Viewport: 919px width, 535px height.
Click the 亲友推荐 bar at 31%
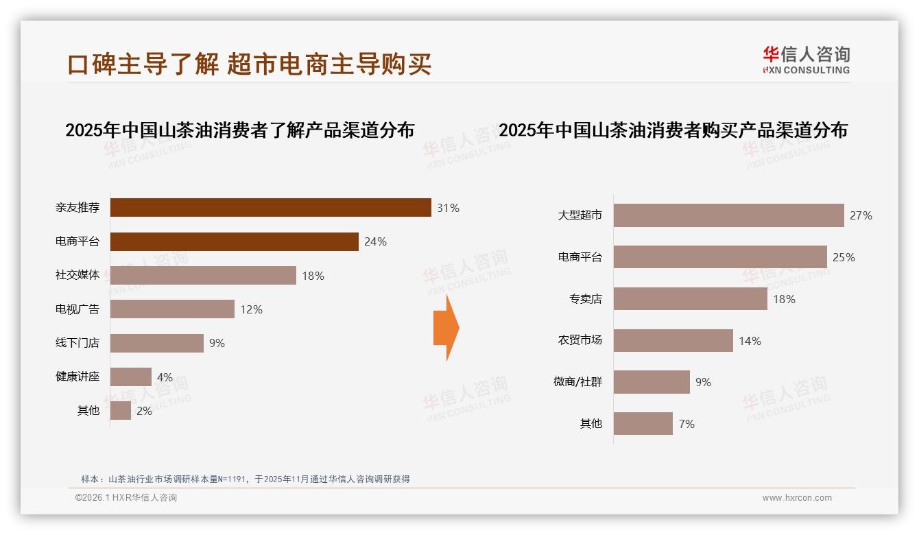(270, 208)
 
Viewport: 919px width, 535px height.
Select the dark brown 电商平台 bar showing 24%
(234, 241)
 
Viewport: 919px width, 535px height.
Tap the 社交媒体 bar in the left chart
(203, 275)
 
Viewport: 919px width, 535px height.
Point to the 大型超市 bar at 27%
(728, 215)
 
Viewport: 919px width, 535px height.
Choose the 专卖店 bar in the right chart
(690, 299)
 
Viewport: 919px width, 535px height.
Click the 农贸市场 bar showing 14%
(673, 341)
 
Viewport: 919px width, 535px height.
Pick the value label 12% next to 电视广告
(251, 309)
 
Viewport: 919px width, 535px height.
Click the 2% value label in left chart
(144, 411)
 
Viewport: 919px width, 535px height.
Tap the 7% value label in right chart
(687, 424)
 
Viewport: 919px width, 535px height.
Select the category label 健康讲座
(77, 377)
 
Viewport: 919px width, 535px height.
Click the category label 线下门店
(77, 343)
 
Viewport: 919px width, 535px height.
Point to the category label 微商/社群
(577, 382)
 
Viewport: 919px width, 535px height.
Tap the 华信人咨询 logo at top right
(806, 60)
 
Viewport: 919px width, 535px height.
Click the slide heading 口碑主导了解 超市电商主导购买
(249, 64)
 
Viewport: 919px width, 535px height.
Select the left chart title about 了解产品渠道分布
(239, 130)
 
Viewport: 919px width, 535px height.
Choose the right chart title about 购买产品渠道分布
(673, 130)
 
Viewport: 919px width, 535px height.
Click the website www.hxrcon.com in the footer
(796, 498)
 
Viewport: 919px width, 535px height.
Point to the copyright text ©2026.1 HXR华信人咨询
(126, 498)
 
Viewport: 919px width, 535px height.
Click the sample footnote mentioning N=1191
(245, 479)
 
